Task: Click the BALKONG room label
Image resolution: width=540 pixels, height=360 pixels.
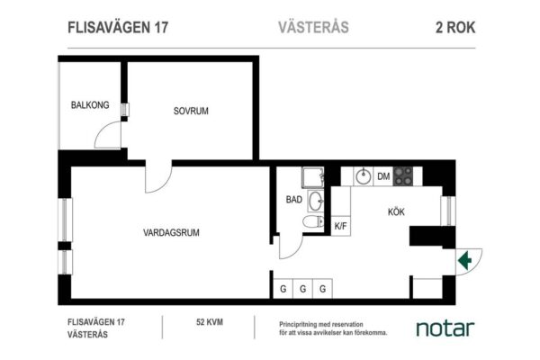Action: (x=90, y=104)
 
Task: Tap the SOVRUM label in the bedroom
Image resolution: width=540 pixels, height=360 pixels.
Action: (x=191, y=111)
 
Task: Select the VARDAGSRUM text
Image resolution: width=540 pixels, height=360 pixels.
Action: (x=171, y=232)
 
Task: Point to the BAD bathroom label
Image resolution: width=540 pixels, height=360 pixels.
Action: (x=293, y=200)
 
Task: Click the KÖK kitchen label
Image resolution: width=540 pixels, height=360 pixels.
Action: (x=396, y=211)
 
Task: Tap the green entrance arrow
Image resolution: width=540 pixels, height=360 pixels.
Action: (x=464, y=260)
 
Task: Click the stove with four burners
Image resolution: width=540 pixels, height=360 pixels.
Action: (x=403, y=176)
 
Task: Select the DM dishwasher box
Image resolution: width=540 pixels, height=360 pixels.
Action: (x=383, y=176)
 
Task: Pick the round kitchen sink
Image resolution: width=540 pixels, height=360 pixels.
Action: (x=363, y=176)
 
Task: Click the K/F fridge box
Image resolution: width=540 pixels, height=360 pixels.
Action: (x=340, y=226)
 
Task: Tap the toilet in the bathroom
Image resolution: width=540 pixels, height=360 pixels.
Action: (x=313, y=221)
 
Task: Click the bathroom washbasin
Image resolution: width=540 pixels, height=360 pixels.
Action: (x=316, y=201)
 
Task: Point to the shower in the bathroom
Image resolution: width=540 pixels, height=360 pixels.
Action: (x=313, y=177)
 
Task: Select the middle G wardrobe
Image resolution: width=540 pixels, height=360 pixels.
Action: (x=302, y=288)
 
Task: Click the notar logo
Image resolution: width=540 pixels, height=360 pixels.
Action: (x=445, y=328)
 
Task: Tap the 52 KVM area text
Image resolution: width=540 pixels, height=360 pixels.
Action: (x=210, y=322)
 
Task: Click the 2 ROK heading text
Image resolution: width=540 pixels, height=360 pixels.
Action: (x=455, y=28)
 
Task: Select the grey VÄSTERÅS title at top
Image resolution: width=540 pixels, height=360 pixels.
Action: (x=313, y=27)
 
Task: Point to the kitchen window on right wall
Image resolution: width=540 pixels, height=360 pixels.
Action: (x=448, y=211)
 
